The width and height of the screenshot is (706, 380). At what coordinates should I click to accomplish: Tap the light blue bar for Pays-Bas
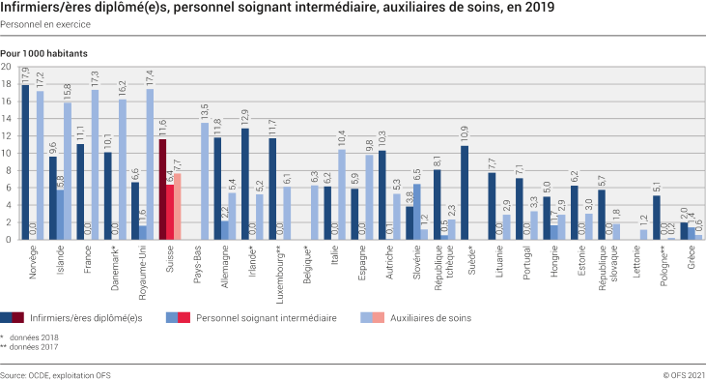205,180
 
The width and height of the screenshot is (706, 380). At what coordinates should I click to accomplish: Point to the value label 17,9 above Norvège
25,74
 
